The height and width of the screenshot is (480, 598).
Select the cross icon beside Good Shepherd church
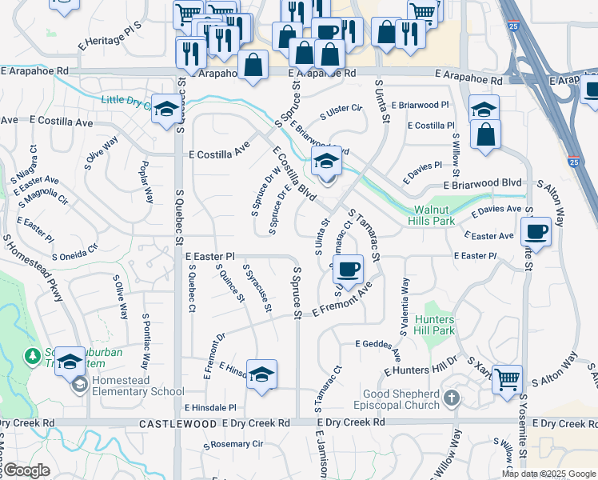[452, 398]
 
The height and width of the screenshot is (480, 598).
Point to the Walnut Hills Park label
[435, 214]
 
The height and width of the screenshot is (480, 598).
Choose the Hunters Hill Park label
[435, 325]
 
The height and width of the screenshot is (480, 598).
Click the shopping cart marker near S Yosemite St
[508, 378]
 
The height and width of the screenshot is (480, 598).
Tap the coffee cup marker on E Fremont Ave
[348, 269]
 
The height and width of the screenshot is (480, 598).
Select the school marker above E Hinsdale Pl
[261, 374]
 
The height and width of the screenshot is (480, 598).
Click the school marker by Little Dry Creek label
[166, 110]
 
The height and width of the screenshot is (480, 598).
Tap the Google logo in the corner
[27, 470]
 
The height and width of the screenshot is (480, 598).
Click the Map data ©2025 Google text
[548, 474]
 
